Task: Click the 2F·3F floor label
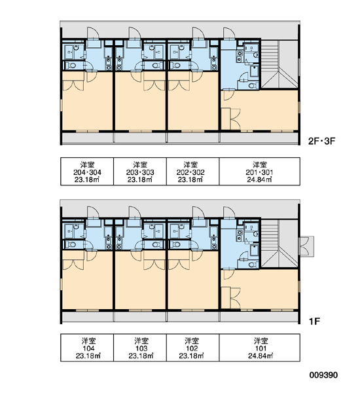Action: (x=321, y=141)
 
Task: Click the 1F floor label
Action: (x=314, y=321)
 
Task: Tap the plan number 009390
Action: (x=323, y=375)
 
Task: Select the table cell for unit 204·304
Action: (x=87, y=172)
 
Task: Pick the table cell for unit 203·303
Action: (x=140, y=172)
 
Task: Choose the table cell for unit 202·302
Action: (x=193, y=172)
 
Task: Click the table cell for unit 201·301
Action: (x=260, y=172)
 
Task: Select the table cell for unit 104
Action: (x=87, y=348)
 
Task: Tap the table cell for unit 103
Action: (x=140, y=348)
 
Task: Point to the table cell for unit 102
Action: (x=193, y=348)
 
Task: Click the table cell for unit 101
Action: (x=260, y=348)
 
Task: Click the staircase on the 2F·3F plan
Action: (x=279, y=64)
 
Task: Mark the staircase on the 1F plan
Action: (x=279, y=244)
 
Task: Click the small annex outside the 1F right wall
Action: (x=306, y=246)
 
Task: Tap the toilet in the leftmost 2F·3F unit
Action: (x=72, y=66)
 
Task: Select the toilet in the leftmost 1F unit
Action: (x=72, y=244)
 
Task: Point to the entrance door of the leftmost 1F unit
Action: (x=93, y=212)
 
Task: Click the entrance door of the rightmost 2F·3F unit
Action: (x=229, y=33)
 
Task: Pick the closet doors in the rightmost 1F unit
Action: (x=235, y=298)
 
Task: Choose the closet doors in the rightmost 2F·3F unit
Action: (x=235, y=119)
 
